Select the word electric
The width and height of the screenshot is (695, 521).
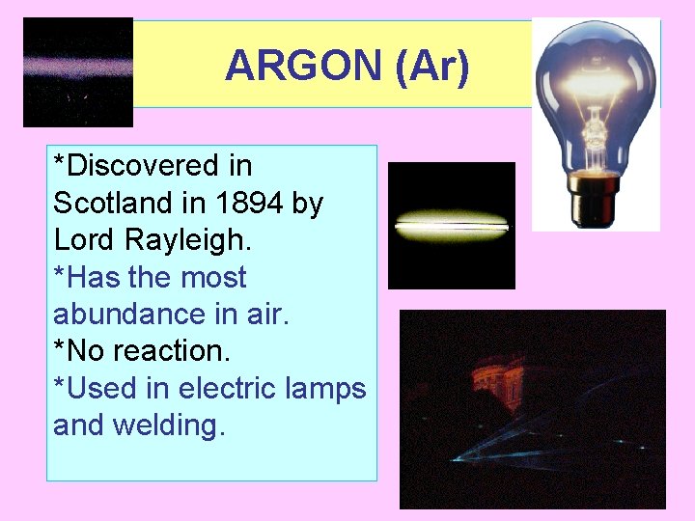point(227,389)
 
